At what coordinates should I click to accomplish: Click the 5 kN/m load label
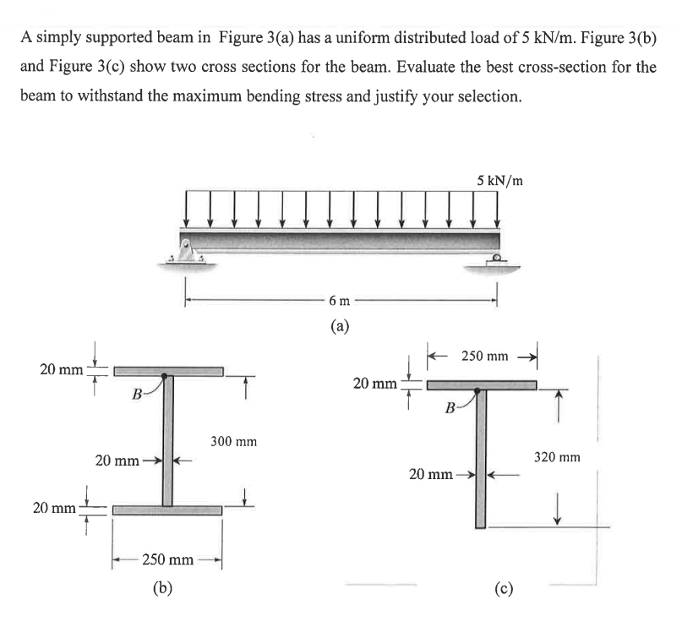pyautogui.click(x=499, y=180)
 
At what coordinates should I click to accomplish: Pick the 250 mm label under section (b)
pyautogui.click(x=168, y=559)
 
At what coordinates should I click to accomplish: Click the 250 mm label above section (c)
pyautogui.click(x=486, y=357)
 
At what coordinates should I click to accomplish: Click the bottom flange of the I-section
pyautogui.click(x=167, y=510)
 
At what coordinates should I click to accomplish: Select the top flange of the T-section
pyautogui.click(x=481, y=385)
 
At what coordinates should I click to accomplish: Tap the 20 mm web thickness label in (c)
pyautogui.click(x=431, y=474)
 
